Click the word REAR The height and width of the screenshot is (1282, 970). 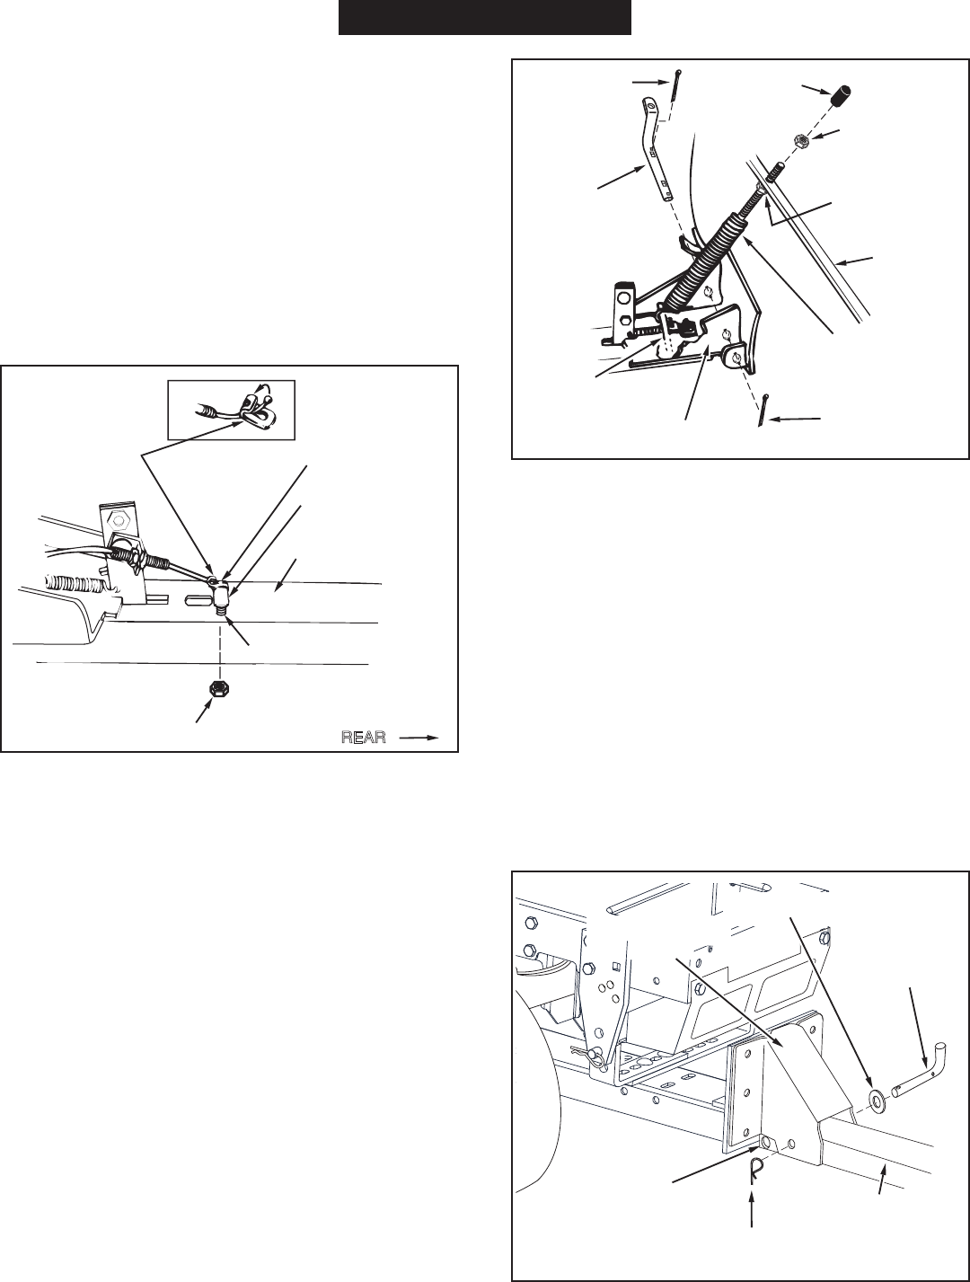tap(363, 737)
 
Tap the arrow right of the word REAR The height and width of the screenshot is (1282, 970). tap(419, 737)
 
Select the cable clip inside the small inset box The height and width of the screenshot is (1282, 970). tap(257, 409)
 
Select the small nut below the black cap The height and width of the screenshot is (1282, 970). tap(801, 141)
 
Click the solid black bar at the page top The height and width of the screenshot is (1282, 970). tap(484, 18)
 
